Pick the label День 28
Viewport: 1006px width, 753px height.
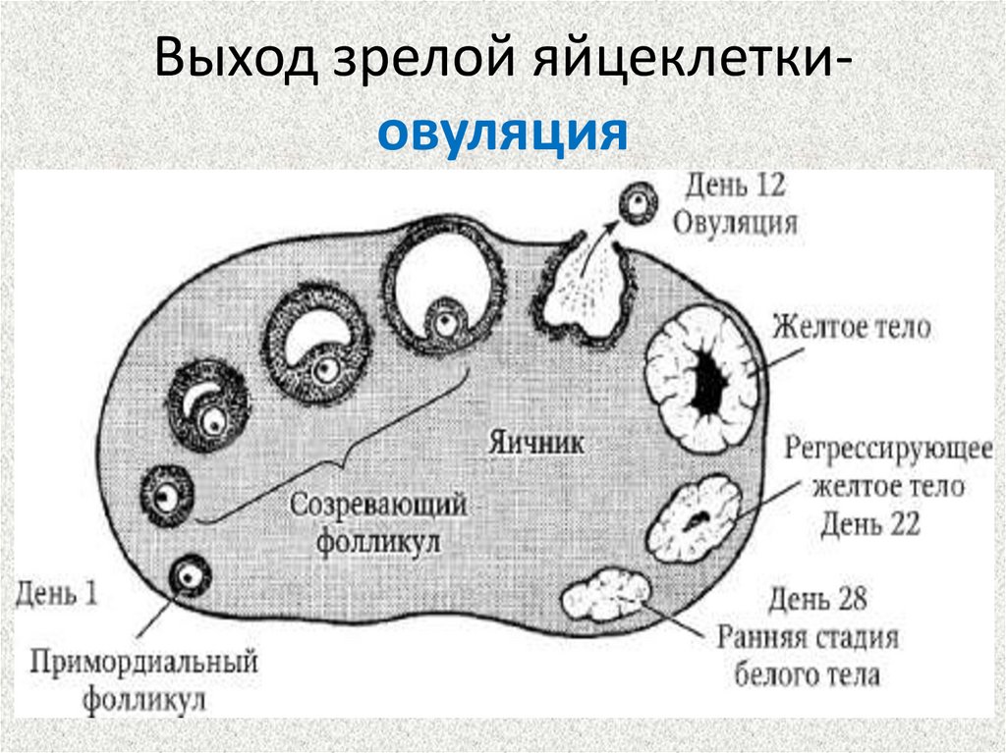817,598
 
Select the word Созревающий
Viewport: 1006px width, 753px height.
377,505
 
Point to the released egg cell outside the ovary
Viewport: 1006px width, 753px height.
639,203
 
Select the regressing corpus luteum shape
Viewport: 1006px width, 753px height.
697,516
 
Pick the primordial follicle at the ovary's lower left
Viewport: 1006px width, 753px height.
189,576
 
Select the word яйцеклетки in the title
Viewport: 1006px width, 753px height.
692,63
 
